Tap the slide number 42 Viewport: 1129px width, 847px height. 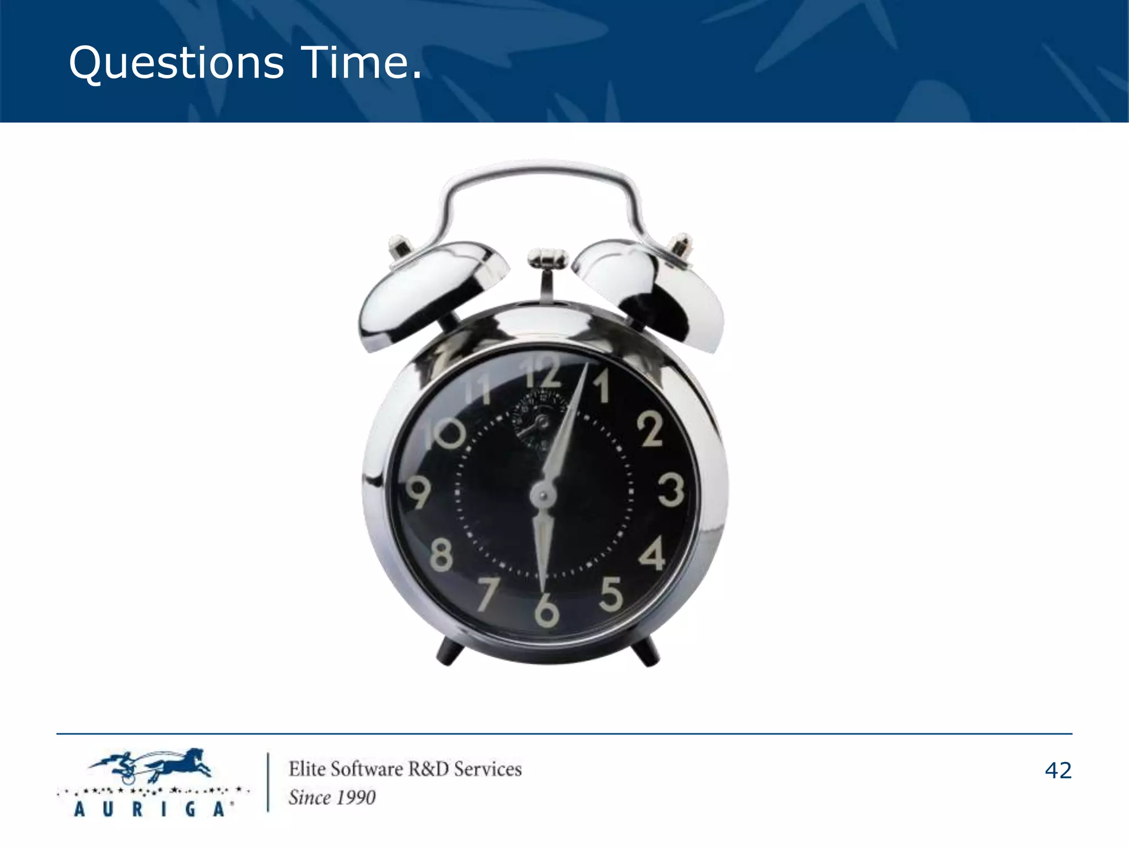coord(1058,770)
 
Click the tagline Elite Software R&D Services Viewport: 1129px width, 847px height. coord(405,769)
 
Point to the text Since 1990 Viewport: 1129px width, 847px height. coord(332,797)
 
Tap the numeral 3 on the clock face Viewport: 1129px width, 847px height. coord(671,490)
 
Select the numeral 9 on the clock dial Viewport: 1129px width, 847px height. coord(418,492)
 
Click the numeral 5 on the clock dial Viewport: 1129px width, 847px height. coord(610,594)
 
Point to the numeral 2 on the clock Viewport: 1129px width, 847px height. coord(650,428)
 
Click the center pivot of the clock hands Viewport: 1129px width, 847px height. coord(543,495)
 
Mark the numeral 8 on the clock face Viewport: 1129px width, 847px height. coord(440,555)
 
